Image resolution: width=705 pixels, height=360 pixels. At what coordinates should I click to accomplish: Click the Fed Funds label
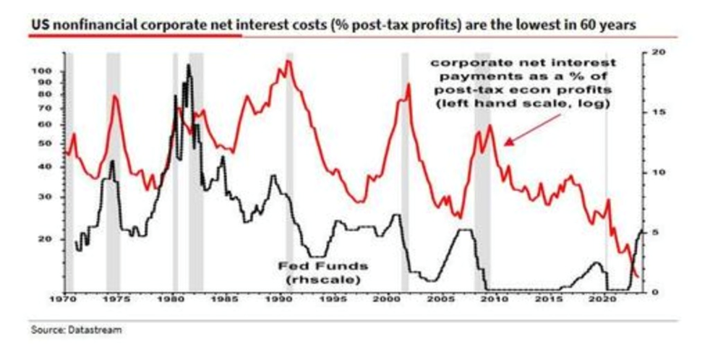(313, 265)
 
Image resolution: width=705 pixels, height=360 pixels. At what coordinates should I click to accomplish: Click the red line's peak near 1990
(288, 61)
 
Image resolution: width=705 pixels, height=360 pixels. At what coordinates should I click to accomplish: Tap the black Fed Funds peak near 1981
(189, 66)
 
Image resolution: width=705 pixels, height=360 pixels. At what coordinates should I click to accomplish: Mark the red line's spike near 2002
(409, 85)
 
